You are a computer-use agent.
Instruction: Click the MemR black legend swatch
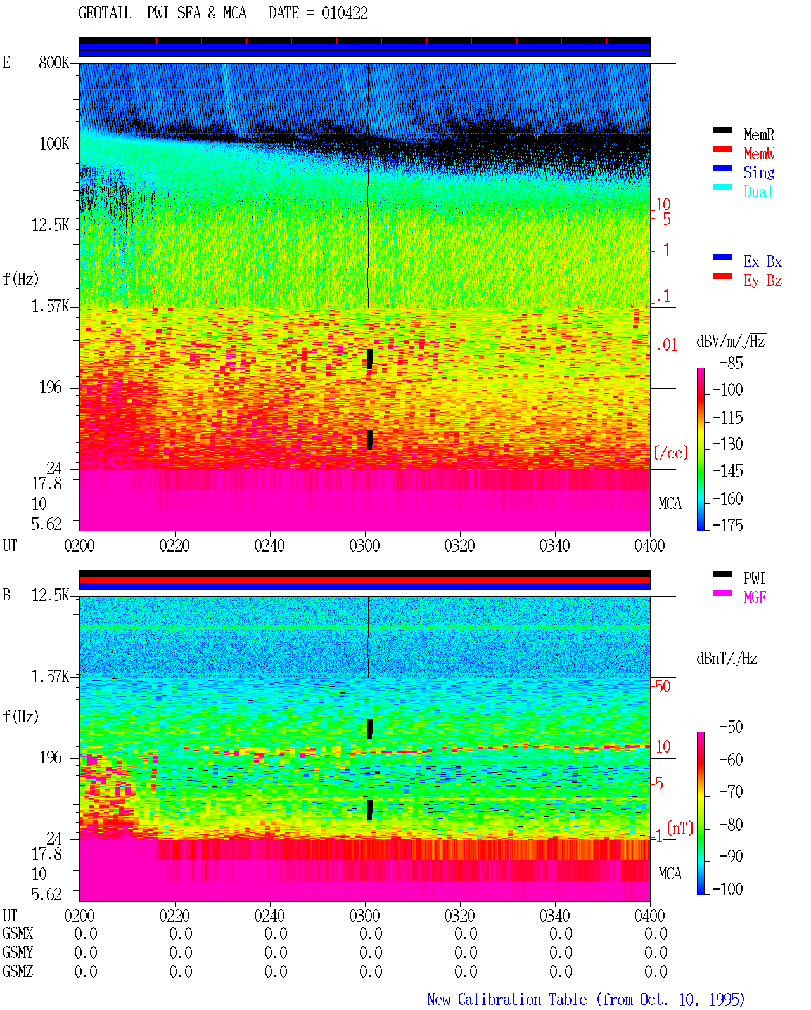point(722,130)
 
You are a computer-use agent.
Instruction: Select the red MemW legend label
point(758,153)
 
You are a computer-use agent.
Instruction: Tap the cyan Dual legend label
point(758,191)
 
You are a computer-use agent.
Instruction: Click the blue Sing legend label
point(758,172)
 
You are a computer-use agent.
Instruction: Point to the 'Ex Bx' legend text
point(762,261)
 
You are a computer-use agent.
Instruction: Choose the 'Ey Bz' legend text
point(762,281)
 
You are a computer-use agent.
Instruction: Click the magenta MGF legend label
point(755,597)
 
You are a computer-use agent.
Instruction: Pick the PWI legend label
point(754,578)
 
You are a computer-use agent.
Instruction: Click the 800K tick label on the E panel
point(54,62)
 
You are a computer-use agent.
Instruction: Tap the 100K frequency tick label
point(54,144)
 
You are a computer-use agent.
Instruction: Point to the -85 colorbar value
point(731,363)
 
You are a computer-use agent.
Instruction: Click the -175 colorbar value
point(727,525)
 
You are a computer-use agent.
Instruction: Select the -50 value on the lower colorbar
point(731,727)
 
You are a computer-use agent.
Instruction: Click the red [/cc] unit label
point(671,453)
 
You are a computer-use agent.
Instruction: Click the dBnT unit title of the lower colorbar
point(727,659)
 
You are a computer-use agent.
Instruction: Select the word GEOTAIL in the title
point(105,13)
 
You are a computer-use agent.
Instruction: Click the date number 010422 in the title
point(345,13)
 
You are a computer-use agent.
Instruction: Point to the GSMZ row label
point(18,971)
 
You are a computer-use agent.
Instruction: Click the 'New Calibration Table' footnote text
point(507,999)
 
